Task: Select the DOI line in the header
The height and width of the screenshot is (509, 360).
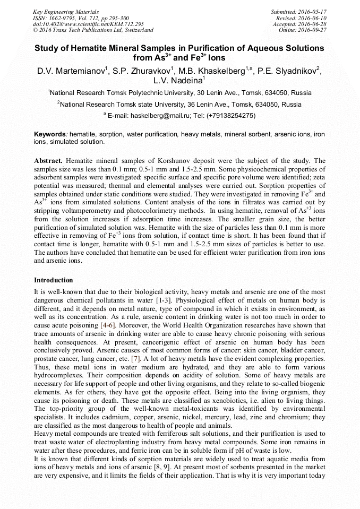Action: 88,24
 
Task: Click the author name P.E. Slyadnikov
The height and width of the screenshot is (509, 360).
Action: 286,71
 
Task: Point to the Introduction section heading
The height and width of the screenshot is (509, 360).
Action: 54,280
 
